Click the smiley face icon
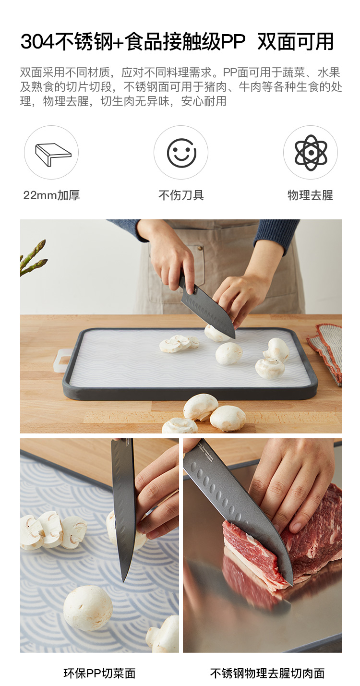[181, 153]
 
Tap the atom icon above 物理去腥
[311, 153]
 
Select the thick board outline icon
[53, 155]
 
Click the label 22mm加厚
[51, 195]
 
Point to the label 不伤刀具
[181, 195]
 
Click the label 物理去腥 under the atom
[311, 195]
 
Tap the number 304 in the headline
[37, 41]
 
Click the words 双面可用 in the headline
[296, 41]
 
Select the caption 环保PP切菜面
[99, 673]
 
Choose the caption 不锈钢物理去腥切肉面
[267, 673]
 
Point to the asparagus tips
[33, 258]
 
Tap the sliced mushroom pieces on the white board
[179, 343]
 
